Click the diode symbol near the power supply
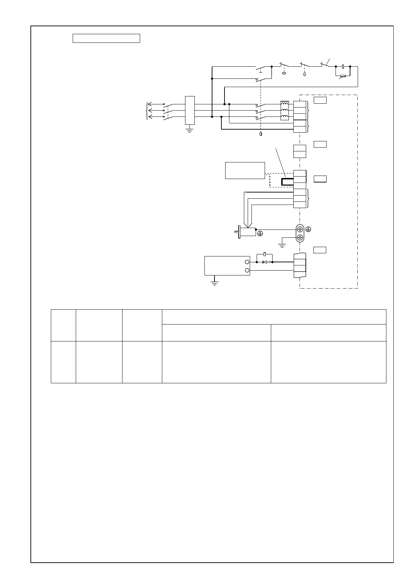pos(265,262)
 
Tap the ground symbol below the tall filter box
pos(189,130)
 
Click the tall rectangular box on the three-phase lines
pos(190,110)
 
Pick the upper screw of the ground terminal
pos(300,229)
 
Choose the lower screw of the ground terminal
pos(300,237)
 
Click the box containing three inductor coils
pos(284,111)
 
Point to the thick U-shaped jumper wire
pos(287,182)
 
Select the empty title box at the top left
pos(106,38)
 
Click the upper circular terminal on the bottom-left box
pos(247,262)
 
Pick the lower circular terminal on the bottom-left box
pos(247,270)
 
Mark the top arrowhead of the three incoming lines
pos(150,104)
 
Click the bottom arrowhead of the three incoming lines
pos(150,117)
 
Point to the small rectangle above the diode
pos(265,254)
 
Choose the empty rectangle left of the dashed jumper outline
pos(245,170)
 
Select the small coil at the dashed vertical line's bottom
pos(260,134)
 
